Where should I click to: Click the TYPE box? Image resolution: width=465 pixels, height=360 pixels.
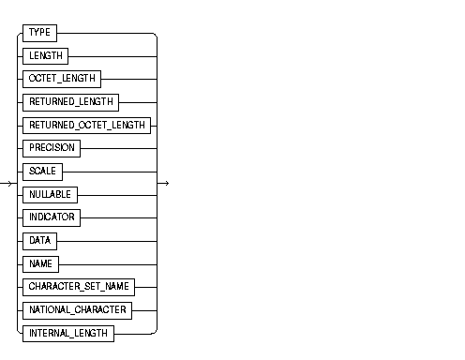click(x=39, y=33)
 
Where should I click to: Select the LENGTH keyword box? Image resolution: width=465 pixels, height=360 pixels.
click(x=45, y=56)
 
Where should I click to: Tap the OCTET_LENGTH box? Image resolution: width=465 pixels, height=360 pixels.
click(x=61, y=79)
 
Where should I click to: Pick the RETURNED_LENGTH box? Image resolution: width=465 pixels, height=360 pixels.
click(x=70, y=101)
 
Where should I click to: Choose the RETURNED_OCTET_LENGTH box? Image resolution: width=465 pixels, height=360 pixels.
click(x=86, y=125)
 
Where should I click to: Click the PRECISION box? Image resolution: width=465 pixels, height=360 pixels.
click(x=52, y=148)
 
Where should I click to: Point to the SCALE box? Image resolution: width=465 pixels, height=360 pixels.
click(x=42, y=171)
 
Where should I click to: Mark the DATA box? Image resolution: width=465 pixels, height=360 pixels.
click(x=39, y=240)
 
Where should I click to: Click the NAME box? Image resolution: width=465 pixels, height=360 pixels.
click(x=40, y=262)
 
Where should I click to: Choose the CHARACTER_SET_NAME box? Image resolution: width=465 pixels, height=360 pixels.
click(x=77, y=286)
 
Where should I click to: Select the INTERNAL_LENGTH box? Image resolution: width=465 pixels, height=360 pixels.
click(x=67, y=332)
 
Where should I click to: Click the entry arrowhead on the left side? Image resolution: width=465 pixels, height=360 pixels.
click(x=8, y=182)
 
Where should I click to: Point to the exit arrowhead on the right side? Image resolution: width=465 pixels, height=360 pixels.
click(x=165, y=182)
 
